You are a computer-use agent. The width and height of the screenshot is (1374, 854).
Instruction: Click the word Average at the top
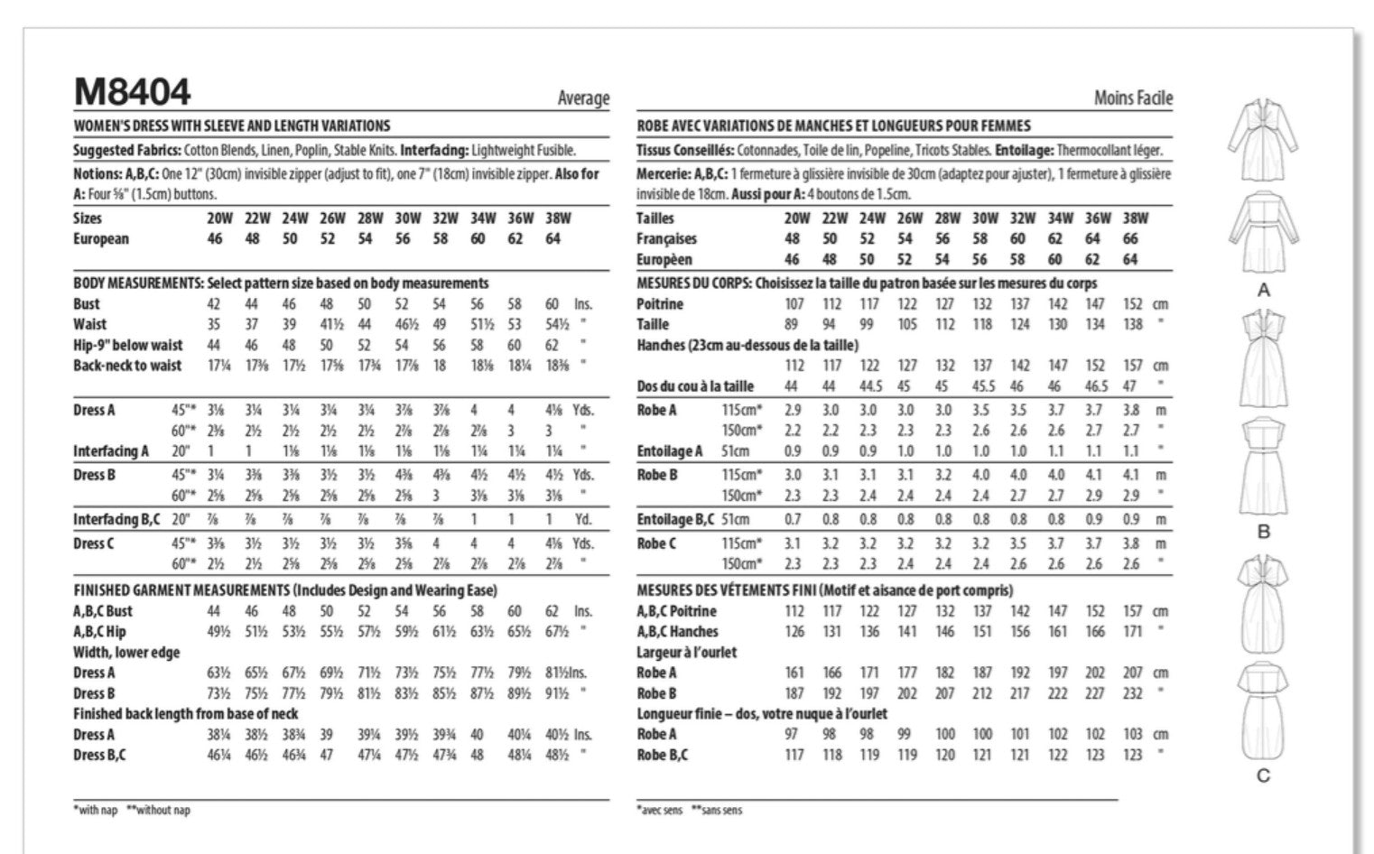(583, 98)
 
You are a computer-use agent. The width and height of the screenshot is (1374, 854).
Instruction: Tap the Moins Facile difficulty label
(1133, 98)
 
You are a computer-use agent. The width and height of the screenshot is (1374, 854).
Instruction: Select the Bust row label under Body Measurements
(87, 304)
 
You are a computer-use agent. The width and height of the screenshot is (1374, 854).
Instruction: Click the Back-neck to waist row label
(127, 366)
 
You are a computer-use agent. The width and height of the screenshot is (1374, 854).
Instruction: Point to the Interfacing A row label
(111, 451)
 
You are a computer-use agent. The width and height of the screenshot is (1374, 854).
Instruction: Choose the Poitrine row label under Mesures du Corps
(660, 304)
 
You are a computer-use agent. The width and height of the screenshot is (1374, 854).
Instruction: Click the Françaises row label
(666, 239)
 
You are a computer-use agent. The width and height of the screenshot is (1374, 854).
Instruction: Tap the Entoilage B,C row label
(675, 519)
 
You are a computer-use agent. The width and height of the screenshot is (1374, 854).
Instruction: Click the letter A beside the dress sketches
(1263, 290)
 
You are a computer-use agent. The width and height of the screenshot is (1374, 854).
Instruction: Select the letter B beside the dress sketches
(1263, 532)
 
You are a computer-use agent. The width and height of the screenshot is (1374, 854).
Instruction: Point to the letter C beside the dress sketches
(1263, 775)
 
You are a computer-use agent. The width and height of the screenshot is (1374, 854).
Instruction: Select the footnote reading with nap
(97, 810)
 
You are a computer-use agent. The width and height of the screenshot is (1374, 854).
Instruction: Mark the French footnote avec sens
(660, 810)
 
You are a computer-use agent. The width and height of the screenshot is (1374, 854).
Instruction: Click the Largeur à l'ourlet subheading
(686, 653)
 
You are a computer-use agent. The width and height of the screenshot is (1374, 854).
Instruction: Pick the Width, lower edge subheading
(126, 653)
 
